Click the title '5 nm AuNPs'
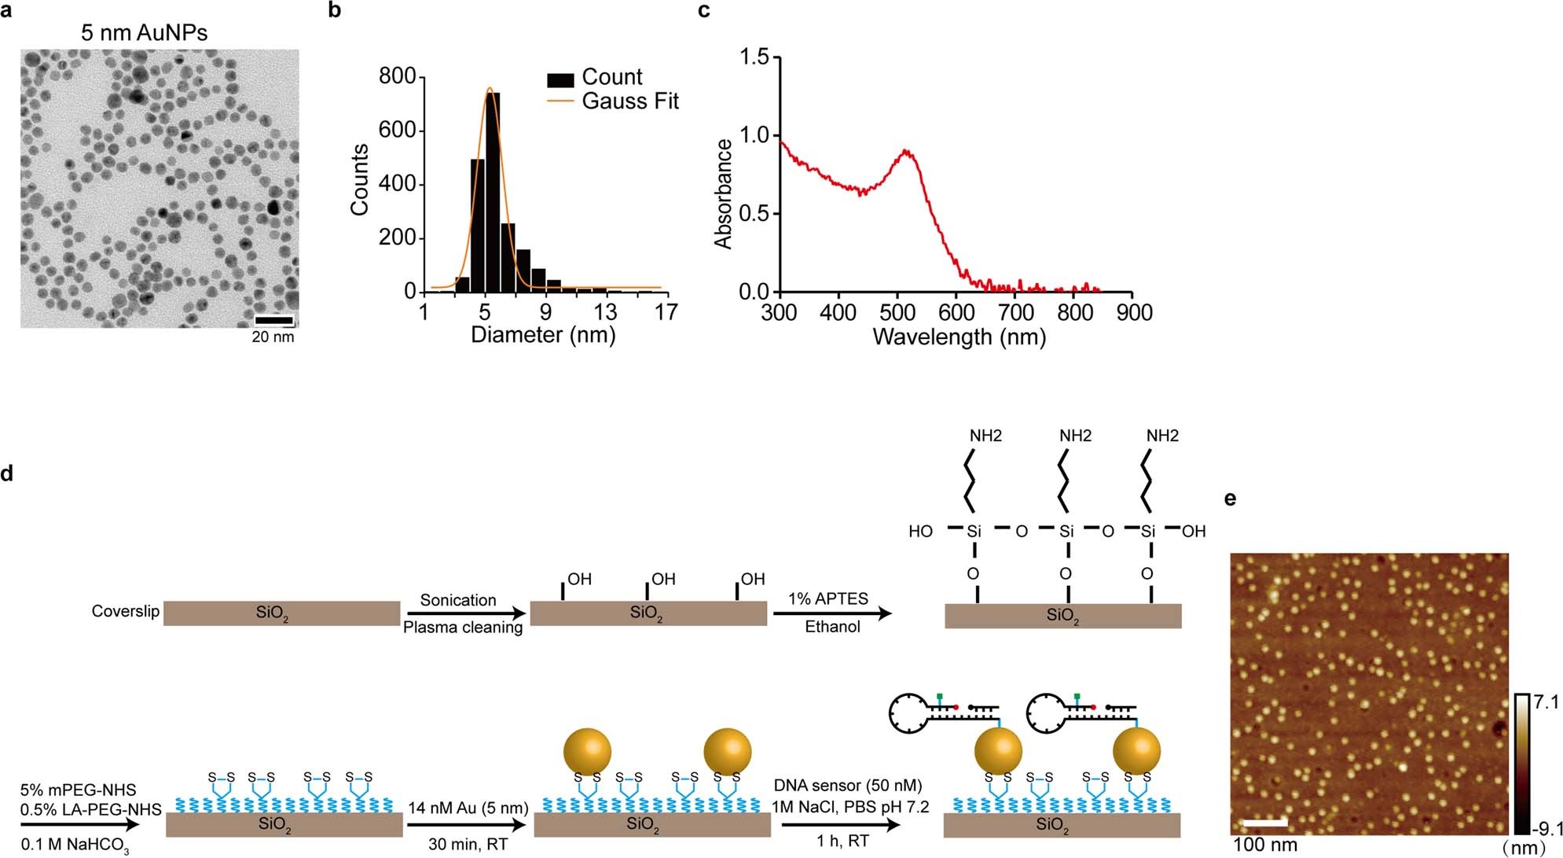pos(145,32)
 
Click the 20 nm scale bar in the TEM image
pos(274,320)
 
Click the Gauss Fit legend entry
pos(629,101)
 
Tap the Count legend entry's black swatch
pos(560,79)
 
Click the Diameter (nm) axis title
pos(543,335)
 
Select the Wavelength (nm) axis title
pos(959,337)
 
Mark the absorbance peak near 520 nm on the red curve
pos(906,151)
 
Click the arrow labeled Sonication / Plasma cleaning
pos(465,613)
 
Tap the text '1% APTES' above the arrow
pos(828,598)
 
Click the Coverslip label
pos(125,611)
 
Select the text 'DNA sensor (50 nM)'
pos(847,785)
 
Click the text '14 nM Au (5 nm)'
pos(468,808)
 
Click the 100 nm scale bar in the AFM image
pos(1266,823)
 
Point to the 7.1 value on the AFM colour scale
pos(1546,702)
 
